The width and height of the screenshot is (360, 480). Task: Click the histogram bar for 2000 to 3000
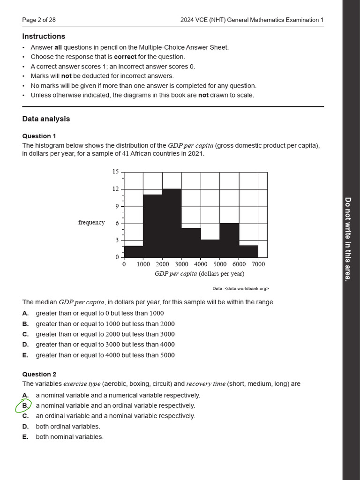pos(172,223)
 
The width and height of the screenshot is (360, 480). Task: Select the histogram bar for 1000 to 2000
pos(152,226)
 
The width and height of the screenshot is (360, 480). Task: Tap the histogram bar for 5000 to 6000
pos(229,240)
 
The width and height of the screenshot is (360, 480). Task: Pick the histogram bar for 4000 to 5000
pos(210,248)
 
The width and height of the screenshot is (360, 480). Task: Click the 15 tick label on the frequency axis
pos(115,172)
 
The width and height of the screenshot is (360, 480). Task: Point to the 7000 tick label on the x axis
pos(258,264)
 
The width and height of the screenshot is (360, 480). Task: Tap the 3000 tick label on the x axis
pos(181,264)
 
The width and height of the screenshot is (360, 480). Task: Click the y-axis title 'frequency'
pos(91,222)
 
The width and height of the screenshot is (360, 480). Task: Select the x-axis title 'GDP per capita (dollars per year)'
pos(199,274)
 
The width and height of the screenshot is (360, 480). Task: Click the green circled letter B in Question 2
pos(25,405)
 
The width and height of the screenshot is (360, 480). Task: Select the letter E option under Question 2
pos(25,437)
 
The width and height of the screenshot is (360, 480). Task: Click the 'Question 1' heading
pos(39,136)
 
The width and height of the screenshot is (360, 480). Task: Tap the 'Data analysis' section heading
pos(46,119)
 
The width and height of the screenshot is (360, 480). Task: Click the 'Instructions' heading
pos(44,37)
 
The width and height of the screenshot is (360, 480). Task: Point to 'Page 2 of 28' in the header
pos(39,20)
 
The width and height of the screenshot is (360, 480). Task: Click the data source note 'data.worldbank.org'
pos(240,289)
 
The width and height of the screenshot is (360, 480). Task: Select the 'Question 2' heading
pos(39,374)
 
